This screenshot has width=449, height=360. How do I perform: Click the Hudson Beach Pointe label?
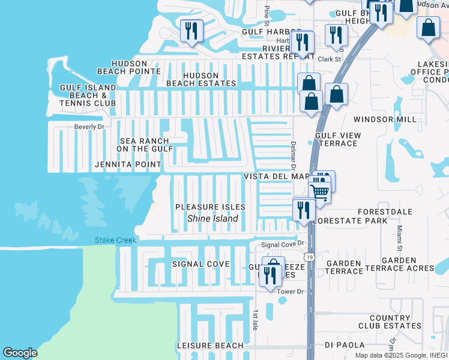coord(136,67)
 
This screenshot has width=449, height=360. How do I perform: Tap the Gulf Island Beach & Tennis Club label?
coord(88,95)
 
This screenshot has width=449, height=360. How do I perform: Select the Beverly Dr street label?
coord(89,127)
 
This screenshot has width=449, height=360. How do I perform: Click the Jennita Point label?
coord(128,164)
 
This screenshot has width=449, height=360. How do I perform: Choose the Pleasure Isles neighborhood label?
coord(210,207)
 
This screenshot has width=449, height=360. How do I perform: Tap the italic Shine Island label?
coord(212,218)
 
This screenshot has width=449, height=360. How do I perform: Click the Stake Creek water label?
coord(115,241)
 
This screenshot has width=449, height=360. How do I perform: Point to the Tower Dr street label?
coord(291,292)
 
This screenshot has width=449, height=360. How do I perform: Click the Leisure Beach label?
coord(210,346)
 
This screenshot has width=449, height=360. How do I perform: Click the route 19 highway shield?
coord(309,257)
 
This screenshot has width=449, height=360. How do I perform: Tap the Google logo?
coord(20,353)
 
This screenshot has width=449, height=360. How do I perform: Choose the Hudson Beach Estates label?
coord(201,79)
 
